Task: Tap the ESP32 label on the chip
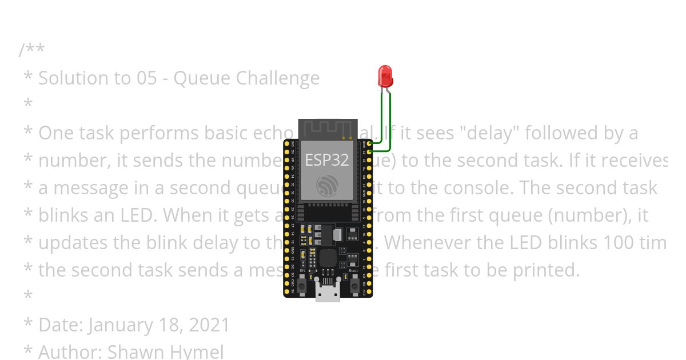click(326, 159)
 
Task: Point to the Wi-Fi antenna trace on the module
click(326, 128)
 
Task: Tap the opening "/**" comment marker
click(31, 50)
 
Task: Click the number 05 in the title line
click(146, 78)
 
